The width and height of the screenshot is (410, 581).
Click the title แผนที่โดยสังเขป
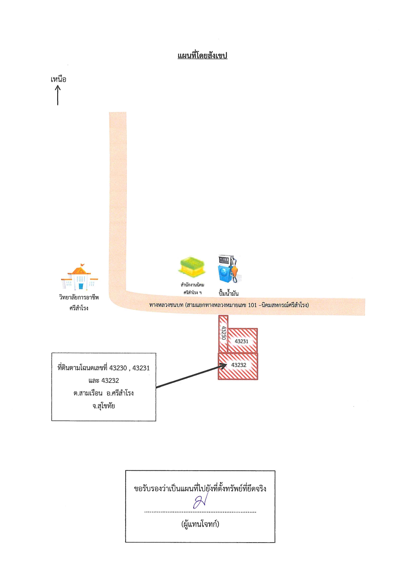pos(202,55)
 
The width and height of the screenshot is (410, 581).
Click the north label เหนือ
pos(58,79)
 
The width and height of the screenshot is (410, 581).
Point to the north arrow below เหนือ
pos(58,95)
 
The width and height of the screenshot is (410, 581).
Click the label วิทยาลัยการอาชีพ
pos(79,297)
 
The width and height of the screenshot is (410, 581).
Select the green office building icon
pos(192,267)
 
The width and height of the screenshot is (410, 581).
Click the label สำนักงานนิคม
pos(192,285)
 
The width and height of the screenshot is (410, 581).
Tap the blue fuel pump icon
pos(229,269)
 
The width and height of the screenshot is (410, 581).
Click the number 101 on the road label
pos(252,305)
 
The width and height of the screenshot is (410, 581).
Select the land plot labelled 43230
pos(223,334)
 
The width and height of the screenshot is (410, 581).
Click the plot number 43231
pos(241,341)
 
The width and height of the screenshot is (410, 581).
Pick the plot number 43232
pos(239,365)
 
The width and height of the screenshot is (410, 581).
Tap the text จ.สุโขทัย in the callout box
pos(103,406)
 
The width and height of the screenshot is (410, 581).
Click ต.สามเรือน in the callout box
pos(88,393)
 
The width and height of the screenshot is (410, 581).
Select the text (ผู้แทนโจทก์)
pos(200,524)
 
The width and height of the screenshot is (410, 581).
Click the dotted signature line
pos(200,512)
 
